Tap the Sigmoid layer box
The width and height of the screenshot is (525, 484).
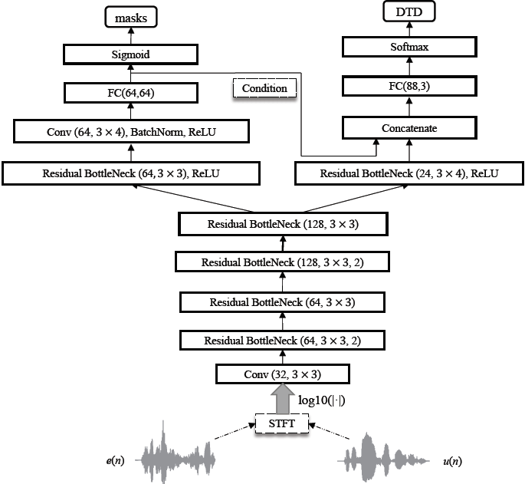point(130,54)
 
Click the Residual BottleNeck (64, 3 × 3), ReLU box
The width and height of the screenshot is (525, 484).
point(130,173)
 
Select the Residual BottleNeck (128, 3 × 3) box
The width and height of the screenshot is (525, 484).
point(283,224)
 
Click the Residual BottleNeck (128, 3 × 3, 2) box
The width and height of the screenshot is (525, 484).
point(283,262)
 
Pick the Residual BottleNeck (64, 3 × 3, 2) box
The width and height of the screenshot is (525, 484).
point(283,339)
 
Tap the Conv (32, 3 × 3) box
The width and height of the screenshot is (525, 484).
point(283,375)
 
